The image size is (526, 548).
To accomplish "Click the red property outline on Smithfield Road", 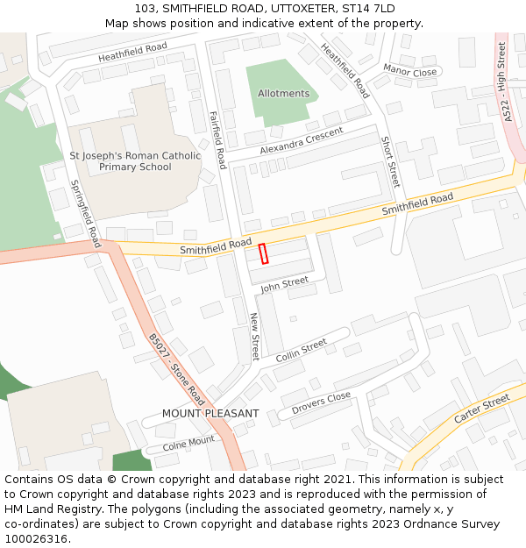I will coord(264,253).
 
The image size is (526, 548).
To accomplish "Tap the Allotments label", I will coord(283,94).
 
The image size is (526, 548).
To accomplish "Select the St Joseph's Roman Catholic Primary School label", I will coord(135,161).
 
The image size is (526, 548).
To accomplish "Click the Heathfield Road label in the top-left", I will coord(132,53).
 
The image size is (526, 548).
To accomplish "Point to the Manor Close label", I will coord(409,71).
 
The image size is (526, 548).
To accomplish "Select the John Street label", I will coord(284,282).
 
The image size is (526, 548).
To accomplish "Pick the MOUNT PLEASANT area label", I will coord(210,413).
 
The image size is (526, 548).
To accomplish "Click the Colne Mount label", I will coord(188,444).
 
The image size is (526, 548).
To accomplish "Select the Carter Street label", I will coord(481,409).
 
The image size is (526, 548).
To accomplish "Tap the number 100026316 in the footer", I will coord(36,538).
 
